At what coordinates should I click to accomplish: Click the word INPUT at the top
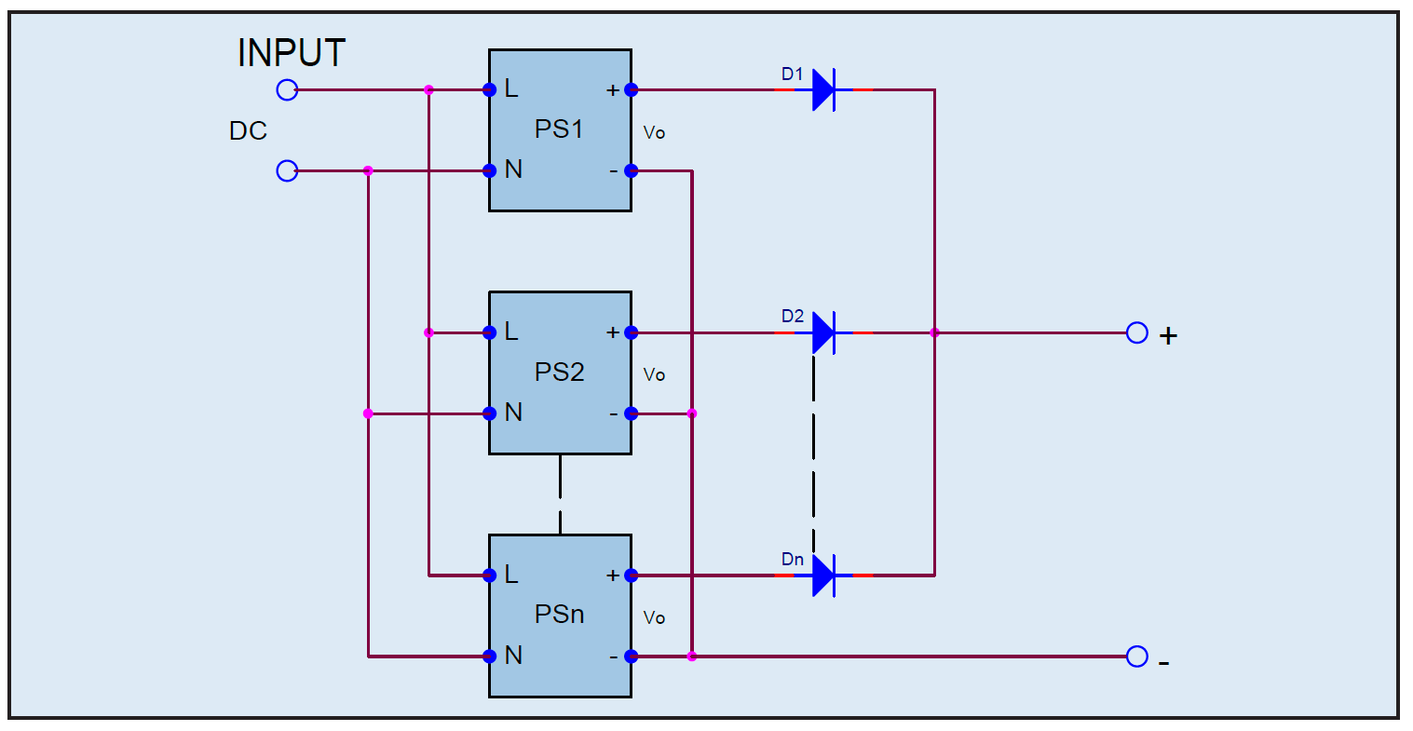pos(292,52)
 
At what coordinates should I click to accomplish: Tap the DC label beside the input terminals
pos(248,131)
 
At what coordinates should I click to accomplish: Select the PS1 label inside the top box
pos(559,129)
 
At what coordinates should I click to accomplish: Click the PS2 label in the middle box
pos(559,372)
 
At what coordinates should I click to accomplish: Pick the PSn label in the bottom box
pos(559,615)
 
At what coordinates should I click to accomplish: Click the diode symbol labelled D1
pos(823,90)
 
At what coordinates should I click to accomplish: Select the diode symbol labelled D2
pos(823,333)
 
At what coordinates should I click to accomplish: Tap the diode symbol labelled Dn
pos(823,575)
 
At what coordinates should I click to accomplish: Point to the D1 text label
pos(793,74)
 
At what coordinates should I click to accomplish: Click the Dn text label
pos(793,560)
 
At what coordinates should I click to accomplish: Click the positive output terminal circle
pos(1136,333)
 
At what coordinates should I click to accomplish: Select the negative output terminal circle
pos(1136,657)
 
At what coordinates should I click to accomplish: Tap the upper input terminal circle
pos(287,90)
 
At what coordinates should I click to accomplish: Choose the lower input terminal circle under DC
pos(287,171)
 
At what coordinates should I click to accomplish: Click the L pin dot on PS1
pos(490,90)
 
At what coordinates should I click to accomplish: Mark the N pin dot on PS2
pos(490,413)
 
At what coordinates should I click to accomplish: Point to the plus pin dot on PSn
pos(631,575)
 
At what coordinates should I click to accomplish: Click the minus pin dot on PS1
pos(631,171)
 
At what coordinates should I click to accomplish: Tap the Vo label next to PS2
pos(654,374)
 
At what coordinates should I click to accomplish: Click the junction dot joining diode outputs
pos(934,333)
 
